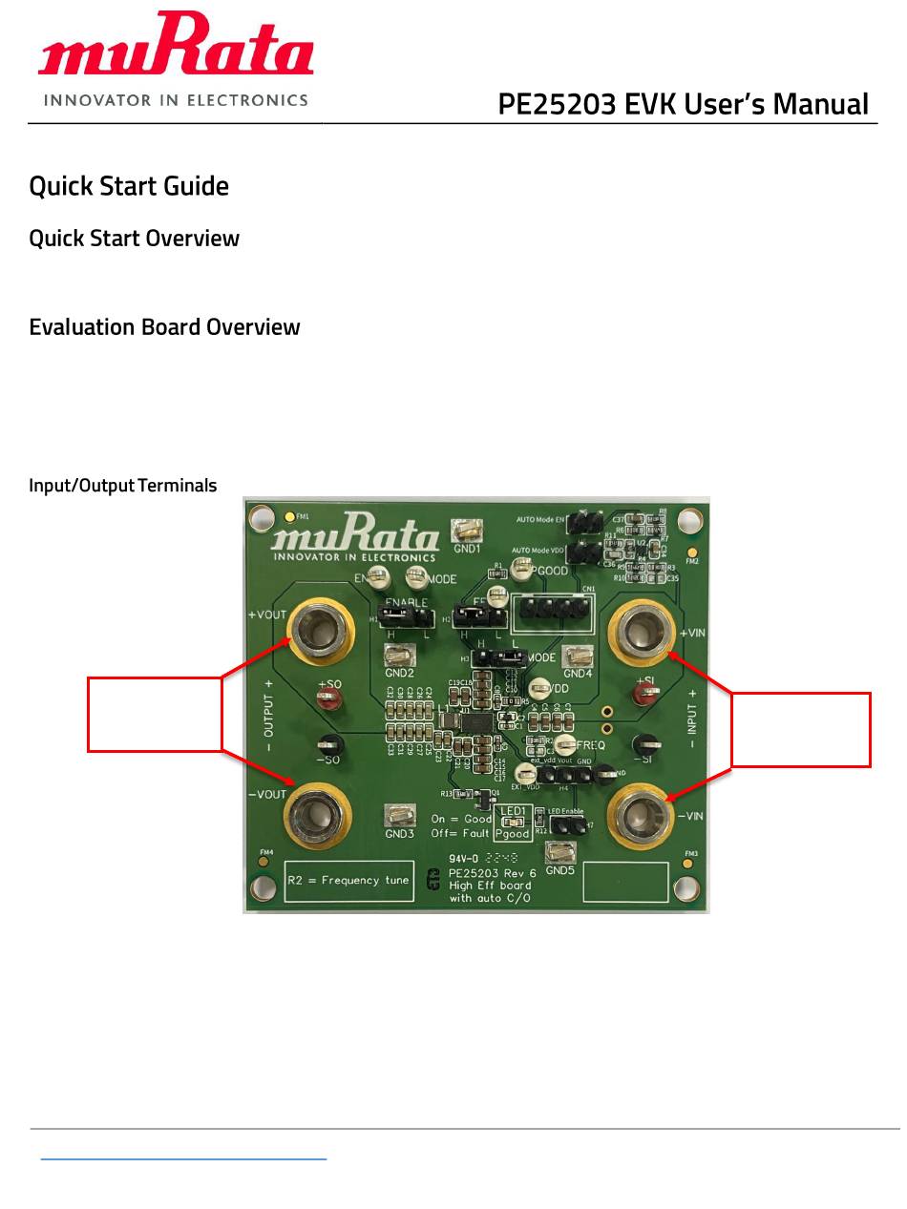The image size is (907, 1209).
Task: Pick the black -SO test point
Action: pyautogui.click(x=329, y=745)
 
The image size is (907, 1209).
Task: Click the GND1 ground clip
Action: pyautogui.click(x=467, y=530)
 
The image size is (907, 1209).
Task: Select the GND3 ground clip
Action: pyautogui.click(x=399, y=816)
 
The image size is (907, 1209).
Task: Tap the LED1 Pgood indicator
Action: pyautogui.click(x=513, y=822)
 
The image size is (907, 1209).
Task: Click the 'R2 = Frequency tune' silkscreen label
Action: pyautogui.click(x=348, y=881)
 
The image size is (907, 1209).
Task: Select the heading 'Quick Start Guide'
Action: pyautogui.click(x=129, y=186)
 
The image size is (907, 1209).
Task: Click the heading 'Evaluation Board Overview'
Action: pyautogui.click(x=164, y=327)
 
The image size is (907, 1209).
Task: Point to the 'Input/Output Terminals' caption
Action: pyautogui.click(x=123, y=486)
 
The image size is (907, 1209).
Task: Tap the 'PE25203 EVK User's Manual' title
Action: pyautogui.click(x=683, y=104)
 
